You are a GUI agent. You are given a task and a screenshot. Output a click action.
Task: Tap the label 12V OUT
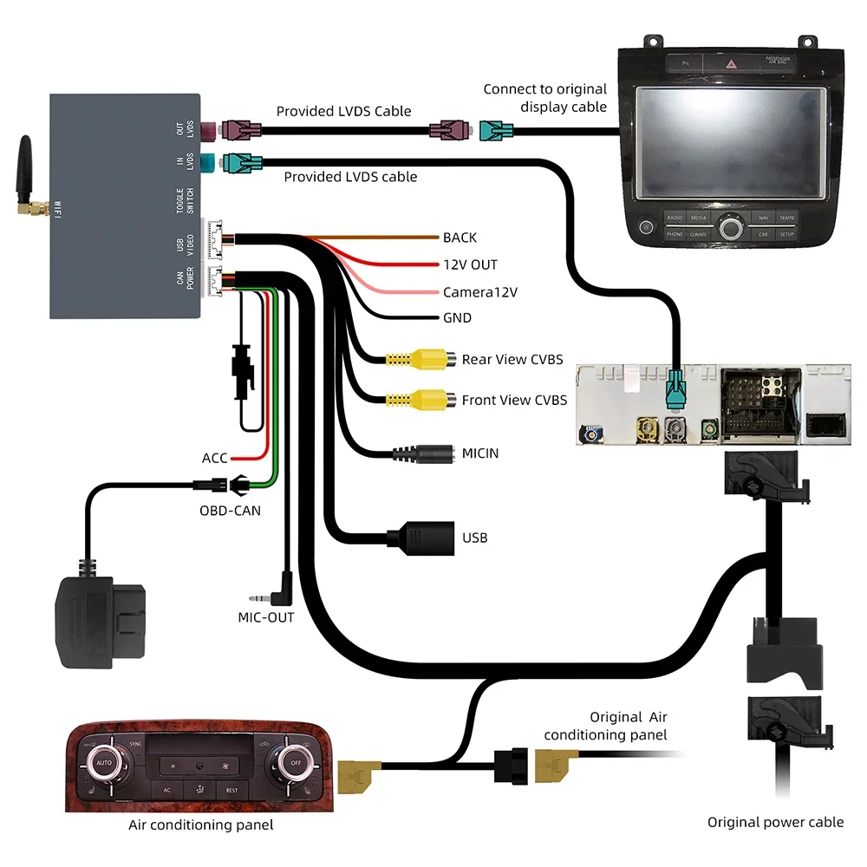(x=470, y=264)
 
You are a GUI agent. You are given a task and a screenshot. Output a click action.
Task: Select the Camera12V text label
(x=479, y=292)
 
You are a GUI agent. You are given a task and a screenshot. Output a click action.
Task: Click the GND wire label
(x=457, y=318)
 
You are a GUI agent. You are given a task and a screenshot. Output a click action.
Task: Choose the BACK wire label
(x=460, y=238)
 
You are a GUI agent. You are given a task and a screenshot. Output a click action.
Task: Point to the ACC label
(x=214, y=458)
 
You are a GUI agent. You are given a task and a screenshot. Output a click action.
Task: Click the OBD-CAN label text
(x=230, y=511)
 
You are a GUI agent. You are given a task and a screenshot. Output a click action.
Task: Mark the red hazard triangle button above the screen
(x=736, y=63)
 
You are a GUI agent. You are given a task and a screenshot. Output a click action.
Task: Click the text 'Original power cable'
(x=775, y=822)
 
